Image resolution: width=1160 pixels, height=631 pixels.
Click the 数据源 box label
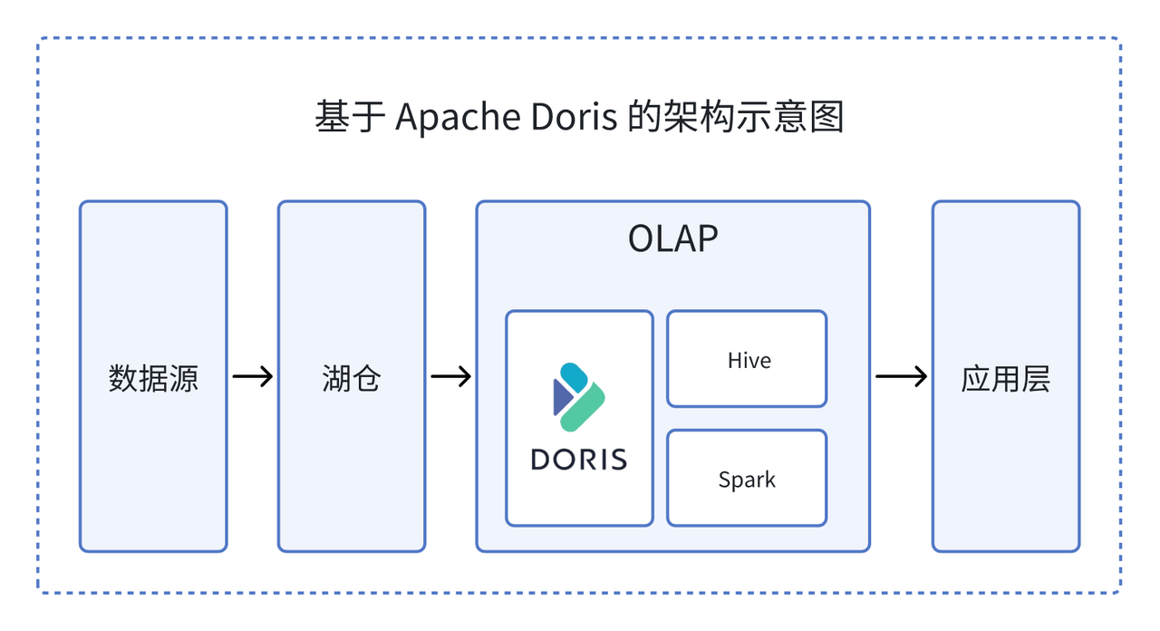coord(152,378)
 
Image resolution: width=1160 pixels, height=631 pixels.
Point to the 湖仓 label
coord(351,378)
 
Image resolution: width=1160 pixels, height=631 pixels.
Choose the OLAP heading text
coord(672,239)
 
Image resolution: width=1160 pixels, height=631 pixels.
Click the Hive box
coord(747,360)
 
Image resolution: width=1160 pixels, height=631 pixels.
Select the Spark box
coord(747,479)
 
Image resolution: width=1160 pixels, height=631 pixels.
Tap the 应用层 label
coord(1005,378)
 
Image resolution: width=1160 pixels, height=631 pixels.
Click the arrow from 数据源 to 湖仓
coord(252,376)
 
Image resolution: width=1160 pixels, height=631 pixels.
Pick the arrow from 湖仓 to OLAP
coord(450,376)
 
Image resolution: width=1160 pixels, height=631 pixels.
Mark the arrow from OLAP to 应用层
coord(901,376)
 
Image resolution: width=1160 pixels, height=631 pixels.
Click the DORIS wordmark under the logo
coord(579,459)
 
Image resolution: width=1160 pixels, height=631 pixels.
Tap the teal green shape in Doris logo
coord(585,405)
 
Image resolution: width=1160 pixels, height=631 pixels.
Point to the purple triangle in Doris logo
coord(561,397)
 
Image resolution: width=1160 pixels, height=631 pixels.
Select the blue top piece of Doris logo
coord(574,376)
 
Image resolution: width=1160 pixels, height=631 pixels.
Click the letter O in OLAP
coord(641,239)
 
